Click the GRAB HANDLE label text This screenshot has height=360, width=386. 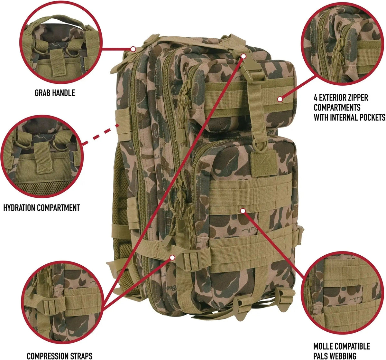[x=55, y=93]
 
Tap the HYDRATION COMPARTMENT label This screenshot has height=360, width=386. [x=41, y=208]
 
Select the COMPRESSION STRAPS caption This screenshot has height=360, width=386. [x=60, y=355]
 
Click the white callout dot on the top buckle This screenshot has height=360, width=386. [x=244, y=56]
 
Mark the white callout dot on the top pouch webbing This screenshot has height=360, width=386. [x=280, y=99]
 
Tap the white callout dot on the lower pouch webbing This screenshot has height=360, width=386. [x=243, y=211]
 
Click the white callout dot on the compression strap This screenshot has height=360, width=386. [x=172, y=257]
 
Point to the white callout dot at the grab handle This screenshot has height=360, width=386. [x=133, y=49]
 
